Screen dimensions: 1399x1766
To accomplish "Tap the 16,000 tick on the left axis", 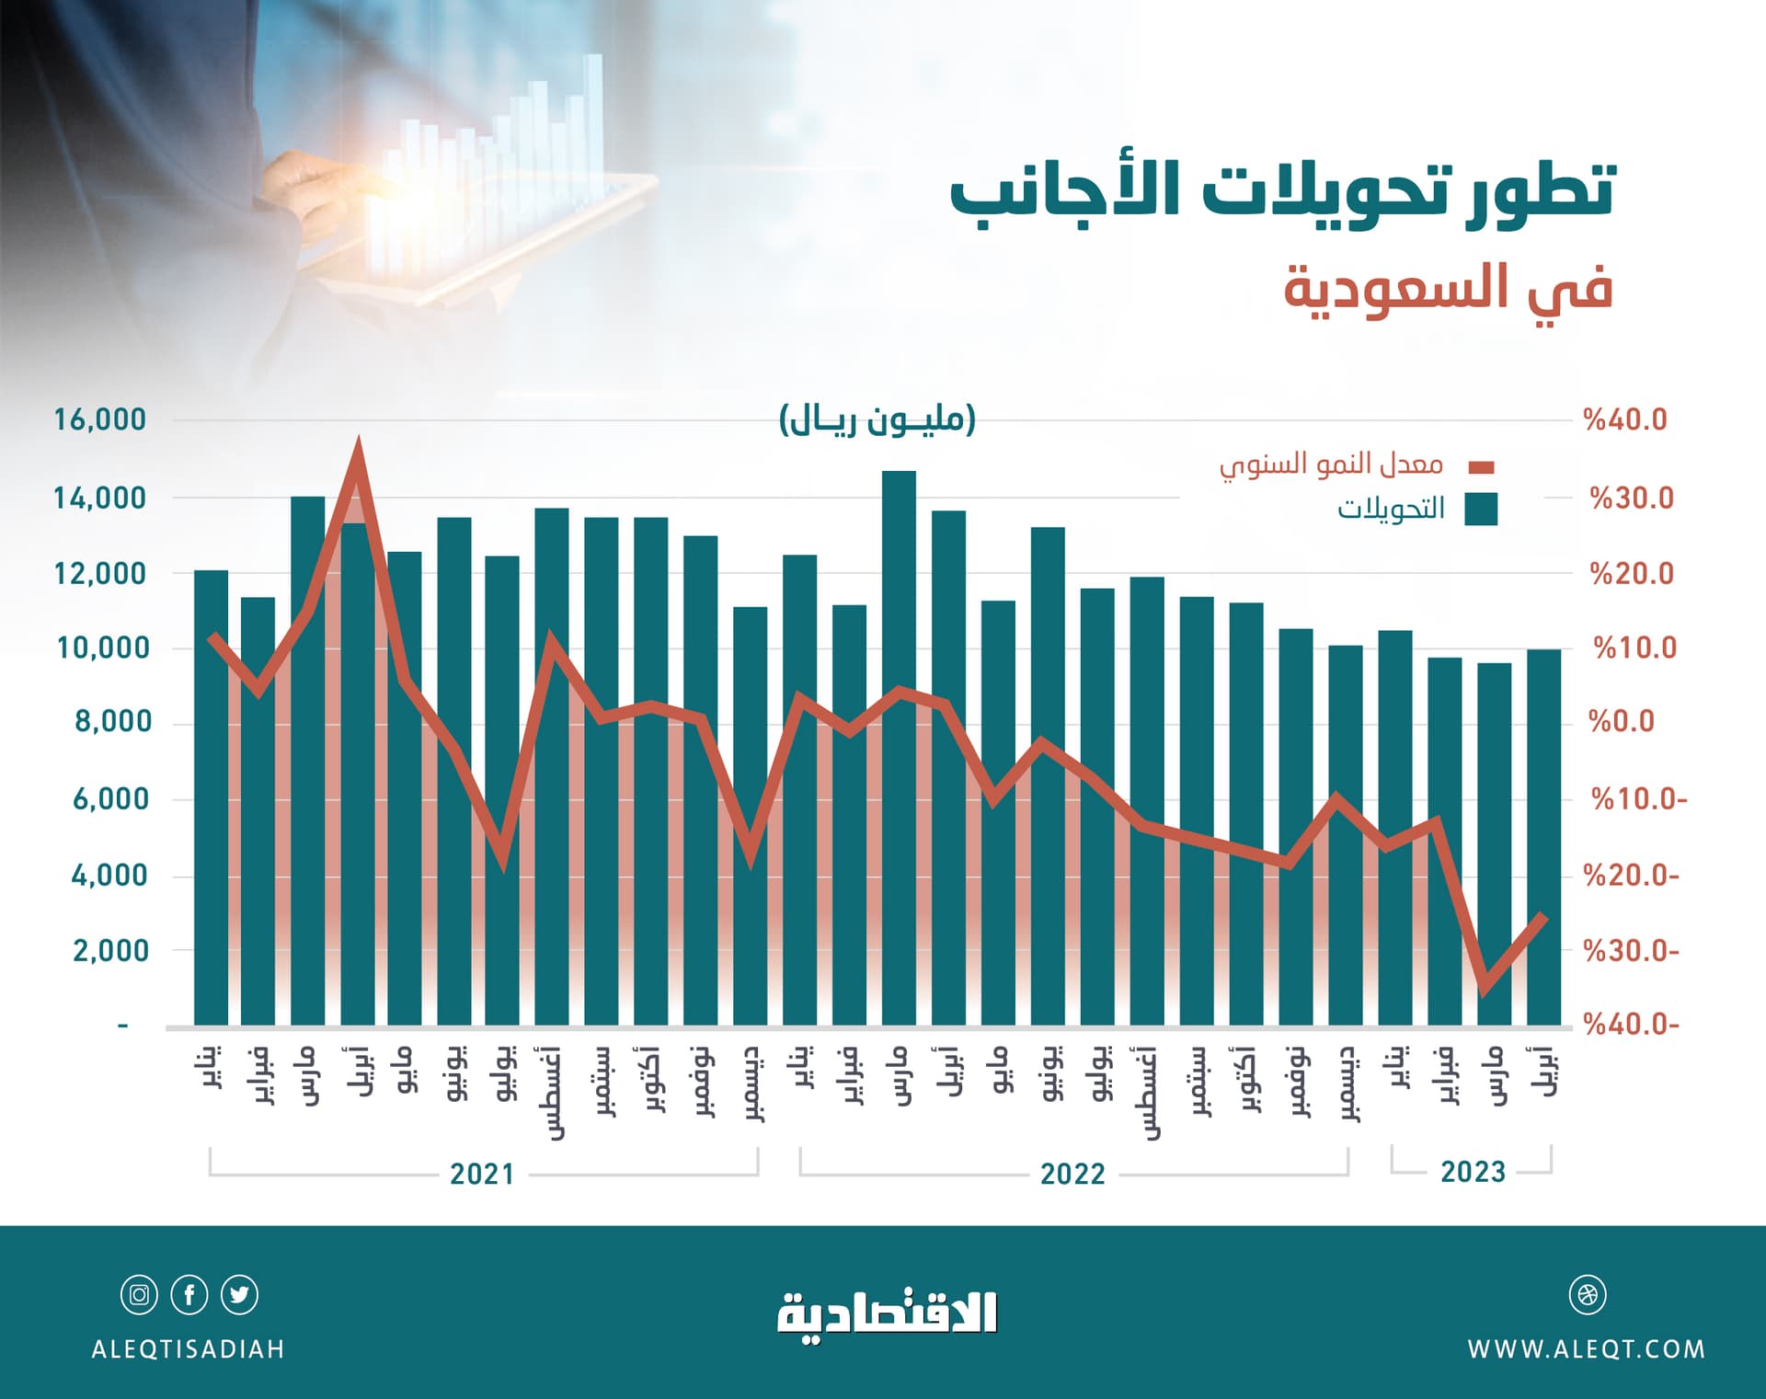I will [99, 420].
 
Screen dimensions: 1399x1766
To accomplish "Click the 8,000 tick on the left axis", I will [113, 722].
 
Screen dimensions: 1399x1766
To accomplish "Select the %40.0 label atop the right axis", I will [1624, 420].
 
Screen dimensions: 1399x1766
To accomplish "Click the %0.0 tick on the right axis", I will [1622, 722].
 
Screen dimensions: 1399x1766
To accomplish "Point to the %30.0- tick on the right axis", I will [1631, 951].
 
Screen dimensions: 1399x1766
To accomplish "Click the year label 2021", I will [482, 1175].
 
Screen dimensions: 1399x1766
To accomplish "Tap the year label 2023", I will [1473, 1173].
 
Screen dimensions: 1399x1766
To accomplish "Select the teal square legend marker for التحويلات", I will [1480, 509].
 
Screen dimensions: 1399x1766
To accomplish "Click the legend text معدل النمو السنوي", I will [1331, 464].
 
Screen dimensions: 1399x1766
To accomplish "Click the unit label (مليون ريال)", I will [877, 420].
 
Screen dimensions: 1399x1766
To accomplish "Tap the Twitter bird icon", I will [240, 1295].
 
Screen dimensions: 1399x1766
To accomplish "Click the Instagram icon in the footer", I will [139, 1295].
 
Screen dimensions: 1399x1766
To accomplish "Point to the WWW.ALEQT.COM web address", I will [1587, 1349].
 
